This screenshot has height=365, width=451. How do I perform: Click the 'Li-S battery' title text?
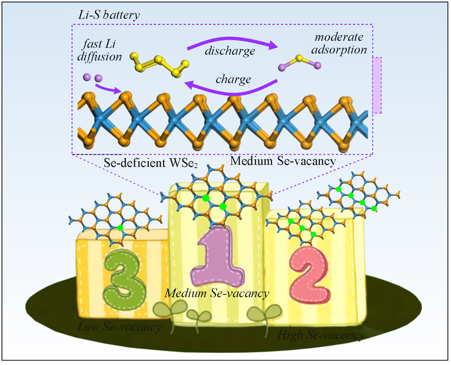[109, 15]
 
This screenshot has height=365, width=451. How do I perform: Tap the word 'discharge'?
[230, 51]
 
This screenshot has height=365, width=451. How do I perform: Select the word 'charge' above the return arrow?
[233, 79]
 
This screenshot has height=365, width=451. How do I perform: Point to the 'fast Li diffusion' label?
[99, 50]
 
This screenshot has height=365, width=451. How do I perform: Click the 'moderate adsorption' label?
[339, 43]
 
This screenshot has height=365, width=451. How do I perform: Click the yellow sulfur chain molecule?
[159, 65]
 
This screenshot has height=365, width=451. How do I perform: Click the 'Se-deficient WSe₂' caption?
[151, 163]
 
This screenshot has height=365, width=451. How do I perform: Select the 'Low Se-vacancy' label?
[119, 327]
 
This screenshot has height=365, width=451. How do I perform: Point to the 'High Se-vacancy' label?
[321, 335]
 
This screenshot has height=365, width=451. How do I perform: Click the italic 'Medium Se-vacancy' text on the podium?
[217, 293]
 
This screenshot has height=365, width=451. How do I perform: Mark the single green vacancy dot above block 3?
[120, 228]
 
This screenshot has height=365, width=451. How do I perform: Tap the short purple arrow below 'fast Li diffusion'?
[108, 88]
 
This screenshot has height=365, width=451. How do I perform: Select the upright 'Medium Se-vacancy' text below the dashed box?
[283, 161]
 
